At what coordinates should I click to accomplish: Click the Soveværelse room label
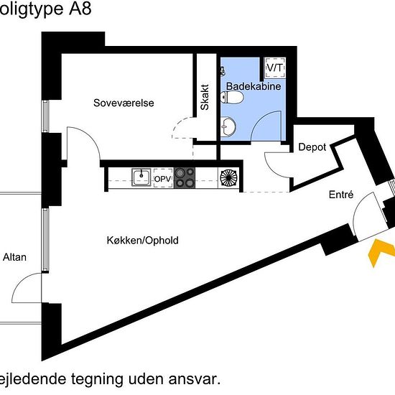point(124,103)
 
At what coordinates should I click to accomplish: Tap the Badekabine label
point(254,86)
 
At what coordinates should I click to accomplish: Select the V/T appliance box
point(275,68)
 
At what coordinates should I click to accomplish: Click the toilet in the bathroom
point(232,97)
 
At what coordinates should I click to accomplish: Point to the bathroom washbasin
point(228,126)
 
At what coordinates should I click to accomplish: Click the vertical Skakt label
point(205,97)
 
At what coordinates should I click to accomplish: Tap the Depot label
point(312,147)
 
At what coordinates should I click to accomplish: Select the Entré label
point(341,195)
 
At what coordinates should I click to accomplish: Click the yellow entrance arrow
point(380,252)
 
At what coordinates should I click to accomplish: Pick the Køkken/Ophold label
point(143,241)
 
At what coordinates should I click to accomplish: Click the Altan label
point(14,257)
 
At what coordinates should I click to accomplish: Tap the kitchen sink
point(141,177)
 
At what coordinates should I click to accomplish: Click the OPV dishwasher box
point(163,178)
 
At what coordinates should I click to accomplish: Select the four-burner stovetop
point(185,178)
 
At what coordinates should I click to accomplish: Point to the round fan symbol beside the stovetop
point(228,178)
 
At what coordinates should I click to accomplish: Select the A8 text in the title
point(80,9)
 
